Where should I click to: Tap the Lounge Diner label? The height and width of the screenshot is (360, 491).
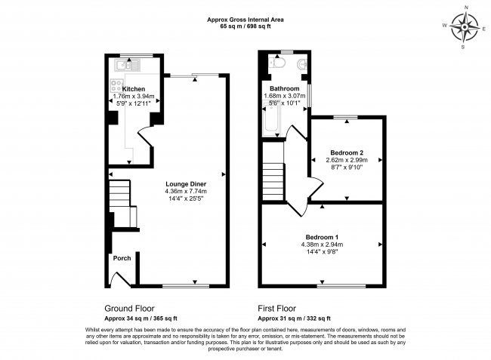186,183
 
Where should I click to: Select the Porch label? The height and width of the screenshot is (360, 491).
122,258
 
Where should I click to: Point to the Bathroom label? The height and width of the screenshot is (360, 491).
276,88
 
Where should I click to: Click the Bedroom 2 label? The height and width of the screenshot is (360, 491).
347,152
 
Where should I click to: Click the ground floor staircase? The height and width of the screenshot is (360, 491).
119,198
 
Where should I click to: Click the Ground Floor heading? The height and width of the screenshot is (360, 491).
130,309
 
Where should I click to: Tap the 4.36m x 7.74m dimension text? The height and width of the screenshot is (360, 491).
186,192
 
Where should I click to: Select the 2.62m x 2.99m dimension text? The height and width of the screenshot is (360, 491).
347,160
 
